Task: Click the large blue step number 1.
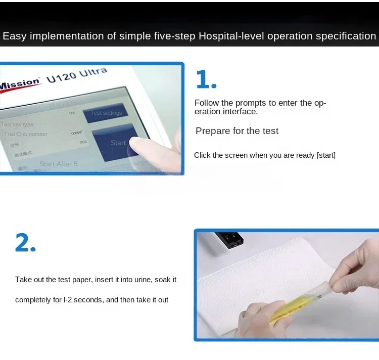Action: tap(206, 80)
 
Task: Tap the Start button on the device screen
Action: tap(118, 143)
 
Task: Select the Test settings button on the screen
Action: tap(106, 113)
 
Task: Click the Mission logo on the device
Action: tap(19, 84)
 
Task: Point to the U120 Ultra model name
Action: tap(77, 75)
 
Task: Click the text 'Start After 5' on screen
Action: tap(59, 164)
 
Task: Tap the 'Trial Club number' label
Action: tap(25, 134)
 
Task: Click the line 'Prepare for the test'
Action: tap(237, 131)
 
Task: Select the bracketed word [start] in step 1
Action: tap(326, 155)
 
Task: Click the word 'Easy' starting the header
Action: tap(14, 36)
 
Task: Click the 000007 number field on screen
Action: tap(76, 132)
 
